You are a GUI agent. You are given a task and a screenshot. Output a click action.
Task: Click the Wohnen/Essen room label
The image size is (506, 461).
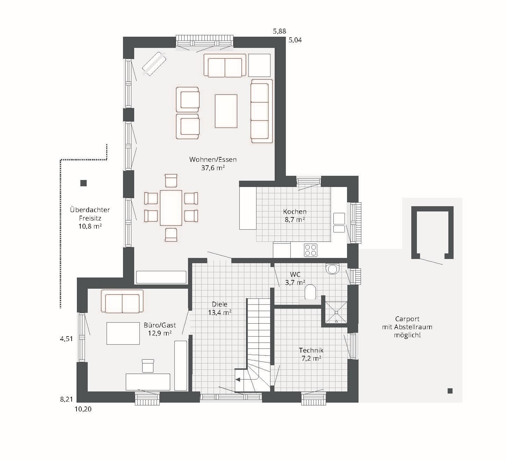coord(213,159)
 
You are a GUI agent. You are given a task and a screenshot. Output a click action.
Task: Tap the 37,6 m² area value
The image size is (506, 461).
coord(213,168)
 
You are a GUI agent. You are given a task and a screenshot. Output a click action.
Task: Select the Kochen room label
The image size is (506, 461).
coord(295,211)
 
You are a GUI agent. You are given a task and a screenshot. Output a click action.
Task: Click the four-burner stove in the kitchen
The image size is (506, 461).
coord(311,250)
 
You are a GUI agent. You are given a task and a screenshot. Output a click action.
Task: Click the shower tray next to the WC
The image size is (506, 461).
coord(336,312)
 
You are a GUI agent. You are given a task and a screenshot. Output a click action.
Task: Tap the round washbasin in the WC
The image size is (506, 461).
coord(332,269)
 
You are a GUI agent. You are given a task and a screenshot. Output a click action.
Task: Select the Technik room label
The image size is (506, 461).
coord(311,350)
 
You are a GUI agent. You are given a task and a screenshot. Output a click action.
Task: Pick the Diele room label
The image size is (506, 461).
coord(219,304)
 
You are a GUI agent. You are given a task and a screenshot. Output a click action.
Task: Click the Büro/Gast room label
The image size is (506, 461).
coord(160,325)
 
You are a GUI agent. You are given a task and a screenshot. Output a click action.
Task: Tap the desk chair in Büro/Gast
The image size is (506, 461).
coord(148,366)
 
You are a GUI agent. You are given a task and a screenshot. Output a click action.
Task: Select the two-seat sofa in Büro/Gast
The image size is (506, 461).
coord(122,301)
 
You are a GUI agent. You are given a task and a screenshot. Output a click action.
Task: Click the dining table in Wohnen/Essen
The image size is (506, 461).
coord(171,208)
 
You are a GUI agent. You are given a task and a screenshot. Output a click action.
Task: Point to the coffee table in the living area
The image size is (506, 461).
coord(226,111)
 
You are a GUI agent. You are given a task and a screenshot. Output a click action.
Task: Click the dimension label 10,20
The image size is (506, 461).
coord(83,409)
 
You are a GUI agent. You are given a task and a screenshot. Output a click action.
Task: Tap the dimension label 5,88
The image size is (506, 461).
coord(280,31)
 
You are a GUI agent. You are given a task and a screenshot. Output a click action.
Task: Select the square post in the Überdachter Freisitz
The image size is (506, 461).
coord(84,183)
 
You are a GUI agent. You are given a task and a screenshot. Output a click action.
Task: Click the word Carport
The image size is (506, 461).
coord(407,319)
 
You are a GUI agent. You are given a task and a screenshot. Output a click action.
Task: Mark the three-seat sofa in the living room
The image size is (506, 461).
coord(262,111)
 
